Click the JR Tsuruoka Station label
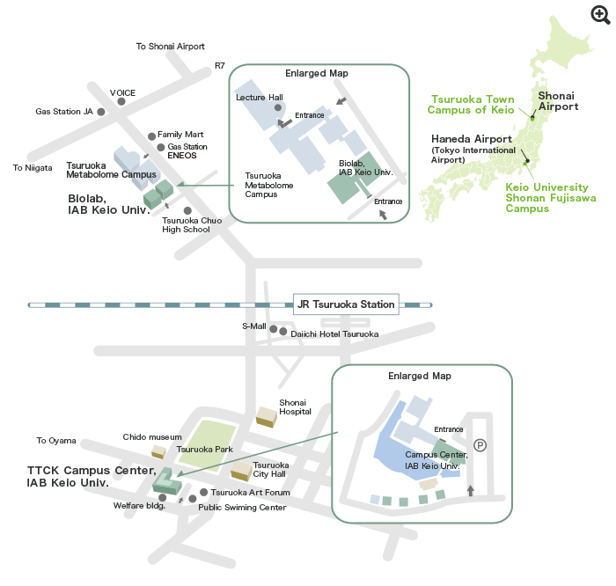(346, 304)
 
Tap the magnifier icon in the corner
(600, 14)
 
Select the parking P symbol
(480, 445)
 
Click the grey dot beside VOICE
(121, 102)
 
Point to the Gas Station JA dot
(101, 112)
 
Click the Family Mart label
(180, 135)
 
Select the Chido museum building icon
(158, 451)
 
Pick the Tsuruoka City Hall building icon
(239, 472)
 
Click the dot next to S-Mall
(273, 330)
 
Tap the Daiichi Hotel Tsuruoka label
(334, 334)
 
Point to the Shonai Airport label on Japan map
(558, 100)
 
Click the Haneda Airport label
(471, 139)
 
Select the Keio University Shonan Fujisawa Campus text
(550, 198)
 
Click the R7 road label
(220, 66)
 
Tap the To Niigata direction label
(33, 167)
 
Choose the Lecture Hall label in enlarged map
(260, 98)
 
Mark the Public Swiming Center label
(242, 507)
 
